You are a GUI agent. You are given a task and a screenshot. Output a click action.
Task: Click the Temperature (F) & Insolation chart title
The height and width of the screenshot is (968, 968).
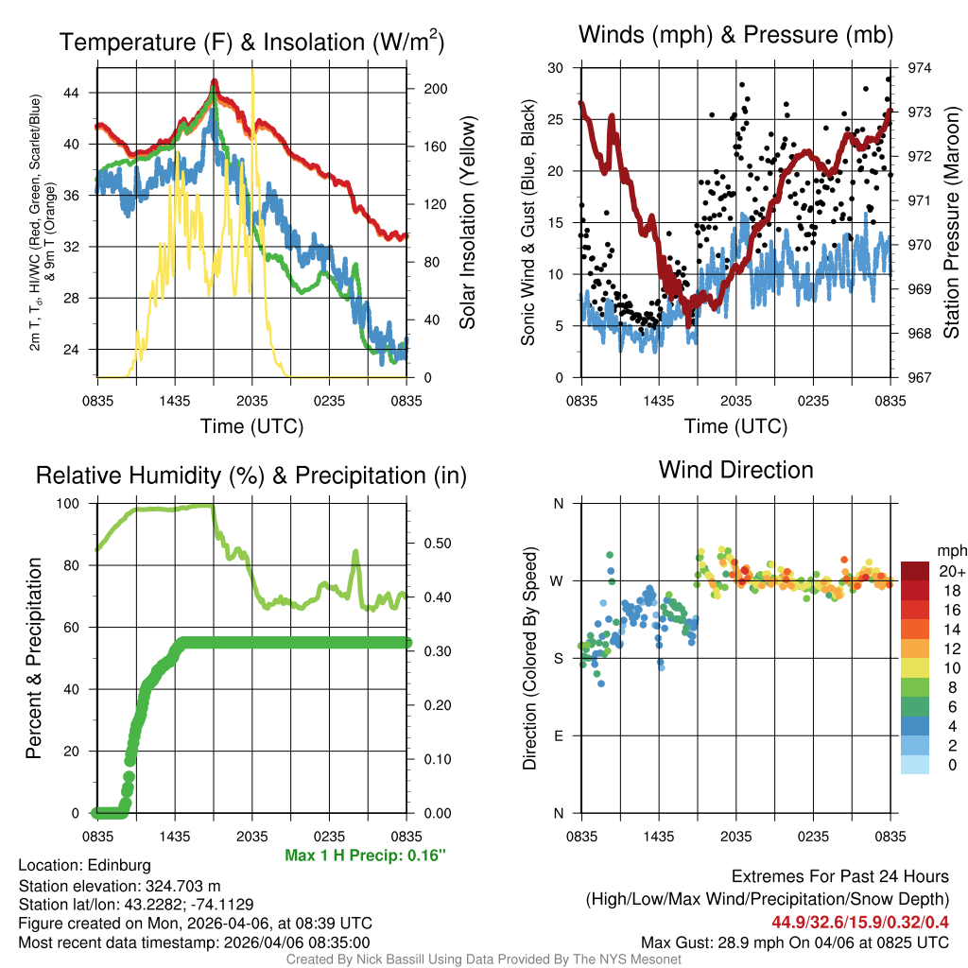point(251,43)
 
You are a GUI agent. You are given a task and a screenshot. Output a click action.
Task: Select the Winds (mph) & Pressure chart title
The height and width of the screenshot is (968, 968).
point(736,36)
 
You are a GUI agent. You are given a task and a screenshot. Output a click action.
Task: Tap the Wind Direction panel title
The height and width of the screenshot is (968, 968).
point(735,470)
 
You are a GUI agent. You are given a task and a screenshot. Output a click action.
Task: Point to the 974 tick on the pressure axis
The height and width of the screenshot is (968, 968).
point(920,68)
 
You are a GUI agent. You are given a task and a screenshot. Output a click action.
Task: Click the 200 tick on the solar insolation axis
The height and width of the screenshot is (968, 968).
point(436,89)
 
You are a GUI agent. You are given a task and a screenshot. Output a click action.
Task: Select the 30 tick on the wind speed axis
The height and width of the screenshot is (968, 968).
point(557,68)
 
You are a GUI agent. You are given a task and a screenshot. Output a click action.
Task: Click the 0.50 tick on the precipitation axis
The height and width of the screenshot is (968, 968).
point(436,544)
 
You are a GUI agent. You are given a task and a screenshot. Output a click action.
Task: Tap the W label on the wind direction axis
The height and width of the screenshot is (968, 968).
point(557,580)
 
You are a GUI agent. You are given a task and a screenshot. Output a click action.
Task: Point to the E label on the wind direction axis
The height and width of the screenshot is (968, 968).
point(559,735)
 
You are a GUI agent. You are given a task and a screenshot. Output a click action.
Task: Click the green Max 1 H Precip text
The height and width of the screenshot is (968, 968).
point(365,856)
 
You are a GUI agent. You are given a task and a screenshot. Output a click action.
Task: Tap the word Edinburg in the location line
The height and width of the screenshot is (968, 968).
point(119,865)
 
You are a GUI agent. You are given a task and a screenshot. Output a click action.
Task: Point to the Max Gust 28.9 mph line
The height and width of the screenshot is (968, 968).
point(794,942)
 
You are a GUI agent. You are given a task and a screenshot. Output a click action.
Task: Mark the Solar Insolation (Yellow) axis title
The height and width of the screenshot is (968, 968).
point(466,223)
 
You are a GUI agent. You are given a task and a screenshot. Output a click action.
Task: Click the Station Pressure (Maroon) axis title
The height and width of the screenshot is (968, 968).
point(951,224)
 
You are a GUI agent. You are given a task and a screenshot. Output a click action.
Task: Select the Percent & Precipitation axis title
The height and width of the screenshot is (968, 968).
point(33,658)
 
